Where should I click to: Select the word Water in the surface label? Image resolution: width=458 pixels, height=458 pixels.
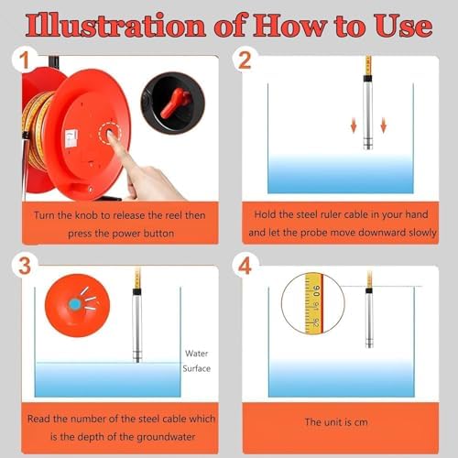(x=196, y=353)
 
